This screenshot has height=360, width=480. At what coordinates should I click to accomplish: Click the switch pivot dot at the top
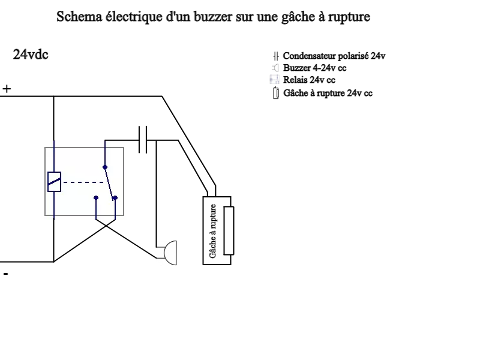tap(105, 167)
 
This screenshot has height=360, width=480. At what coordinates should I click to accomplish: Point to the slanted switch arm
tap(109, 182)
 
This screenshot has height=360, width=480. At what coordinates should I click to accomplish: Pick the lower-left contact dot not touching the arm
tap(96, 197)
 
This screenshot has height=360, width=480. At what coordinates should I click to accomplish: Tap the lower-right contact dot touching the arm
tap(115, 197)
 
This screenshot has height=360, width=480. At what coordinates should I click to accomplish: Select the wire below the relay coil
tap(54, 205)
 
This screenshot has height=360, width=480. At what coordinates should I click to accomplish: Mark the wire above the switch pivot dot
tap(105, 154)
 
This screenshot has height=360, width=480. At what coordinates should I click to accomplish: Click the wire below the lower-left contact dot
tap(96, 209)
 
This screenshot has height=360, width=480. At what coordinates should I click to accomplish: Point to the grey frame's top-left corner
tap(45, 148)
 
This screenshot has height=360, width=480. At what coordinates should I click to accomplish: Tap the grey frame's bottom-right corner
tap(124, 215)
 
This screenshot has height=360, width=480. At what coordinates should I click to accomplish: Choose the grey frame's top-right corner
tap(124, 148)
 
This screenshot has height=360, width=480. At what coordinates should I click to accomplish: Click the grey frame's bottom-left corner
tap(45, 215)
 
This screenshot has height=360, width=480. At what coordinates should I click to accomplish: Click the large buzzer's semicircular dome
tap(172, 253)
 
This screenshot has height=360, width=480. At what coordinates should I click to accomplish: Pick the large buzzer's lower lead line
tap(159, 258)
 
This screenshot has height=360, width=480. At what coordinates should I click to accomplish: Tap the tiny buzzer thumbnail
tap(275, 68)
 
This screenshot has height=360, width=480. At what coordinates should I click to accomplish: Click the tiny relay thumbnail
tap(274, 79)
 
